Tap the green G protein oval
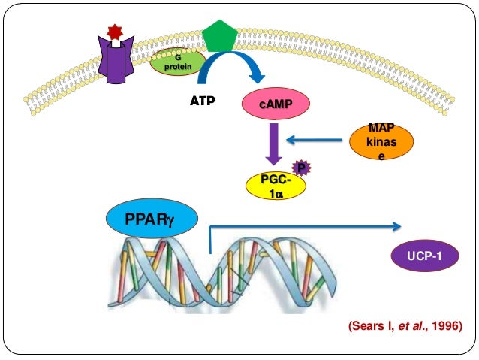coord(176,62)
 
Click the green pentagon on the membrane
coord(215,34)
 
